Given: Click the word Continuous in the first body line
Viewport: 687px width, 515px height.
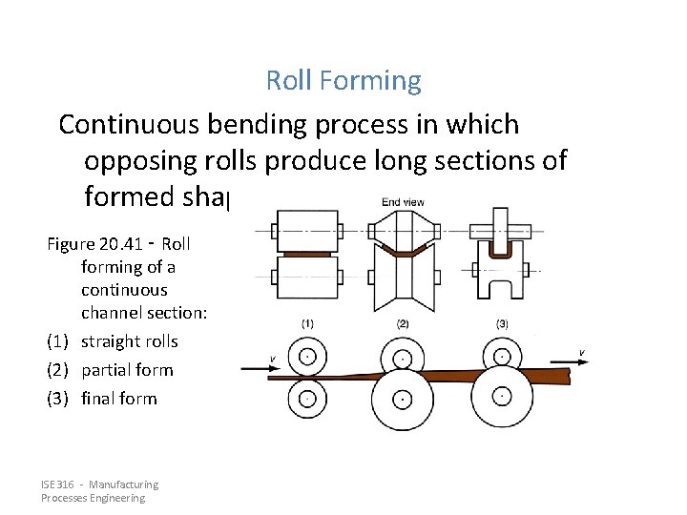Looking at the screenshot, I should pyautogui.click(x=131, y=125).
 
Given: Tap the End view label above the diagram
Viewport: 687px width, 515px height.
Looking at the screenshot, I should pyautogui.click(x=403, y=201).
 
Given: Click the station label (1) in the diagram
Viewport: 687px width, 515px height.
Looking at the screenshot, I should pyautogui.click(x=307, y=324).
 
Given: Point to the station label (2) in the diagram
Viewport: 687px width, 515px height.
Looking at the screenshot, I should pyautogui.click(x=403, y=324).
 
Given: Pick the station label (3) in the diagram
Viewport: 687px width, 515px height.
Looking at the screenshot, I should pyautogui.click(x=502, y=324).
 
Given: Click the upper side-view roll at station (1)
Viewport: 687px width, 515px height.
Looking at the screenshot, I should pyautogui.click(x=307, y=356).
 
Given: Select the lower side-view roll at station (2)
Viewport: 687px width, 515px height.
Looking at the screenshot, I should pyautogui.click(x=403, y=398).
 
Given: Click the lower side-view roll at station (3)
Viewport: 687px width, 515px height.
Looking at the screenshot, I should pyautogui.click(x=502, y=398).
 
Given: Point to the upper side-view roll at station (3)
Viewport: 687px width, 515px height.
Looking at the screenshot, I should pyautogui.click(x=502, y=355).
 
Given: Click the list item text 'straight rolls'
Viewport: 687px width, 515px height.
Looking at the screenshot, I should pyautogui.click(x=129, y=341).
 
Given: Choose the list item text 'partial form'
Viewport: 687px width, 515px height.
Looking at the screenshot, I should pyautogui.click(x=127, y=370).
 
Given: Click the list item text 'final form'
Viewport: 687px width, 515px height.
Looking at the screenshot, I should pyautogui.click(x=118, y=399).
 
